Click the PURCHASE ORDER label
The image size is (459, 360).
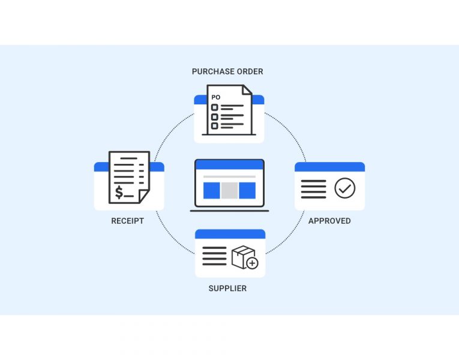227,71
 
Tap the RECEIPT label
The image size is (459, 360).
127,221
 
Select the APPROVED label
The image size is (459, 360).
329,221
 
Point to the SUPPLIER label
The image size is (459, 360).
227,289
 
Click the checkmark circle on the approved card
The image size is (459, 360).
344,188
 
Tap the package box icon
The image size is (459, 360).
242,256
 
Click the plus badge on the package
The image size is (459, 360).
252,263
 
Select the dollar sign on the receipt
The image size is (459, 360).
120,192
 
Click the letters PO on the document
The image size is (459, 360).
216,97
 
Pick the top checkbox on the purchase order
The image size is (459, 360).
214,107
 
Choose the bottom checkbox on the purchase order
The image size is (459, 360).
214,125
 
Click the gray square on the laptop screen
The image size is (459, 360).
229,190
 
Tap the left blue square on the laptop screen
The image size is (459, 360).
212,190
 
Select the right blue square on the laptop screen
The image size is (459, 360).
247,190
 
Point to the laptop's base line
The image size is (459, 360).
229,211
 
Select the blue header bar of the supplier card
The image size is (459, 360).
230,234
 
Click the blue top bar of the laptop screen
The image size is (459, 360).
229,164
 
